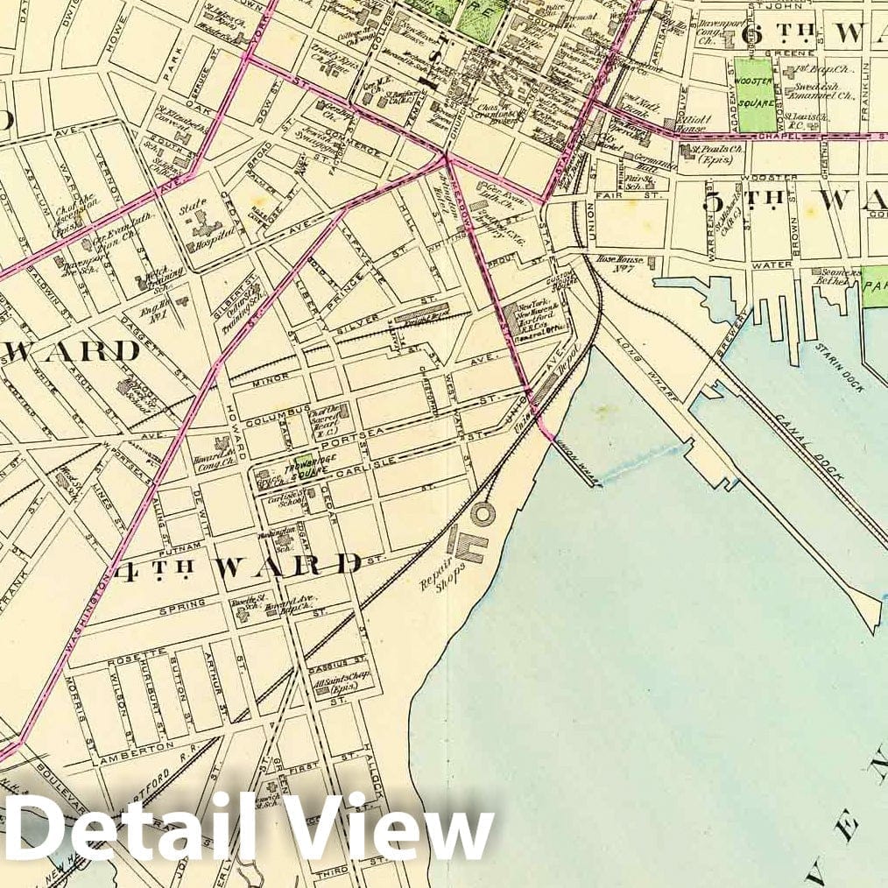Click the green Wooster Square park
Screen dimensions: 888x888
pyautogui.click(x=756, y=95)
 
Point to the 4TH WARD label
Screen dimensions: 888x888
pyautogui.click(x=237, y=565)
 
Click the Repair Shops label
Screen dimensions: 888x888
pyautogui.click(x=441, y=573)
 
